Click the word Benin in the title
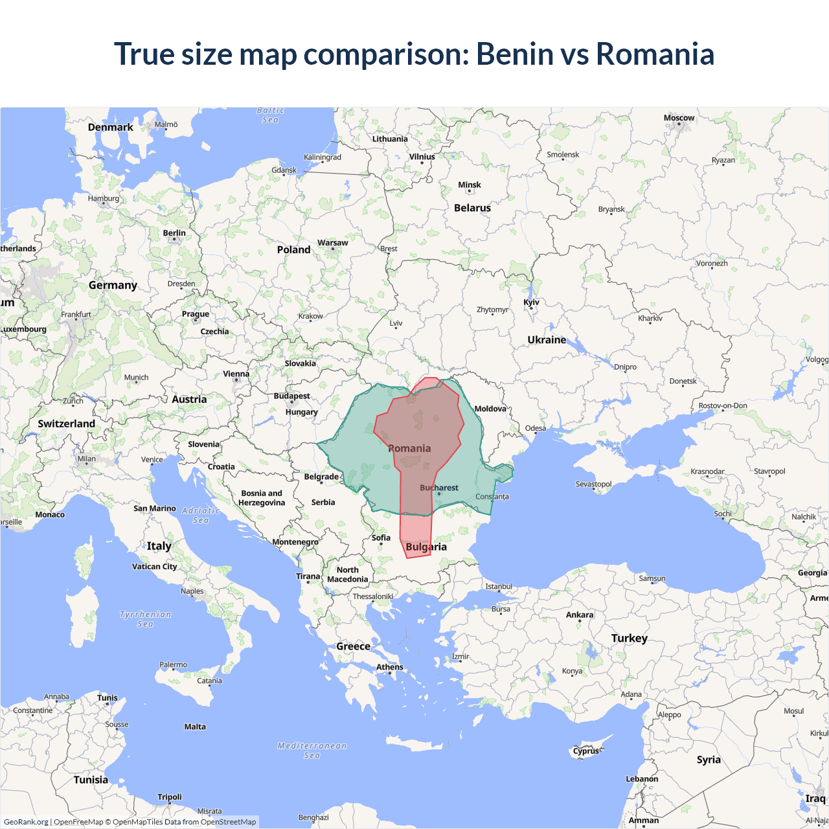click(x=508, y=54)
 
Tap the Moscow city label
click(x=679, y=118)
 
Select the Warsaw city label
click(x=332, y=243)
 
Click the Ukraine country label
click(x=547, y=340)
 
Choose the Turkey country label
click(x=629, y=638)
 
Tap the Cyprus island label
click(x=586, y=751)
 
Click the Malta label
click(x=195, y=727)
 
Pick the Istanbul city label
click(x=499, y=586)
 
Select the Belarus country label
click(x=472, y=208)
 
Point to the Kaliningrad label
click(x=323, y=157)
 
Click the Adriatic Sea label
click(x=201, y=516)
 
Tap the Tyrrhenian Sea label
click(x=146, y=619)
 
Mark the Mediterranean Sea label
click(x=312, y=751)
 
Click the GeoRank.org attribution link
click(x=26, y=822)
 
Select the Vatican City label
click(x=154, y=567)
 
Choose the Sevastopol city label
click(x=593, y=484)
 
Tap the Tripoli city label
click(x=170, y=797)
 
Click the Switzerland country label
click(x=66, y=424)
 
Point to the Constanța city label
click(x=492, y=497)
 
